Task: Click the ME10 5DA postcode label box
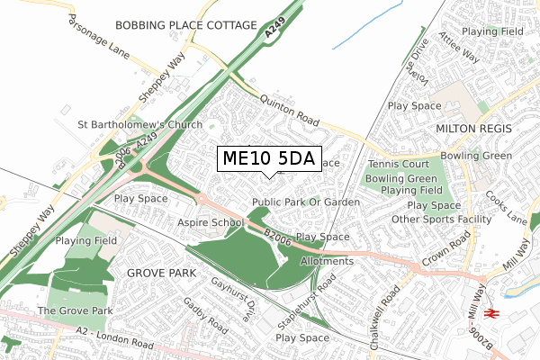coord(267,158)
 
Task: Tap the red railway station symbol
coord(491,312)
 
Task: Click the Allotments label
coord(327,261)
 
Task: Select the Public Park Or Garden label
coord(306,202)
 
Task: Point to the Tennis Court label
coord(398,165)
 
